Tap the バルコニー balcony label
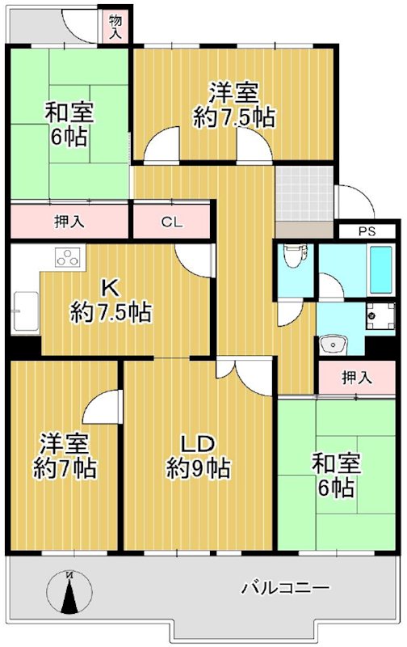pyautogui.click(x=285, y=588)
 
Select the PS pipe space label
pyautogui.click(x=369, y=231)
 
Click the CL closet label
pyautogui.click(x=170, y=221)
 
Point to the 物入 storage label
pyautogui.click(x=115, y=27)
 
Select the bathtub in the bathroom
pyautogui.click(x=378, y=269)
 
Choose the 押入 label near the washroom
pyautogui.click(x=356, y=376)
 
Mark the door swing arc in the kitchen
pyautogui.click(x=194, y=260)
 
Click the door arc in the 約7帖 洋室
pyautogui.click(x=102, y=402)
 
